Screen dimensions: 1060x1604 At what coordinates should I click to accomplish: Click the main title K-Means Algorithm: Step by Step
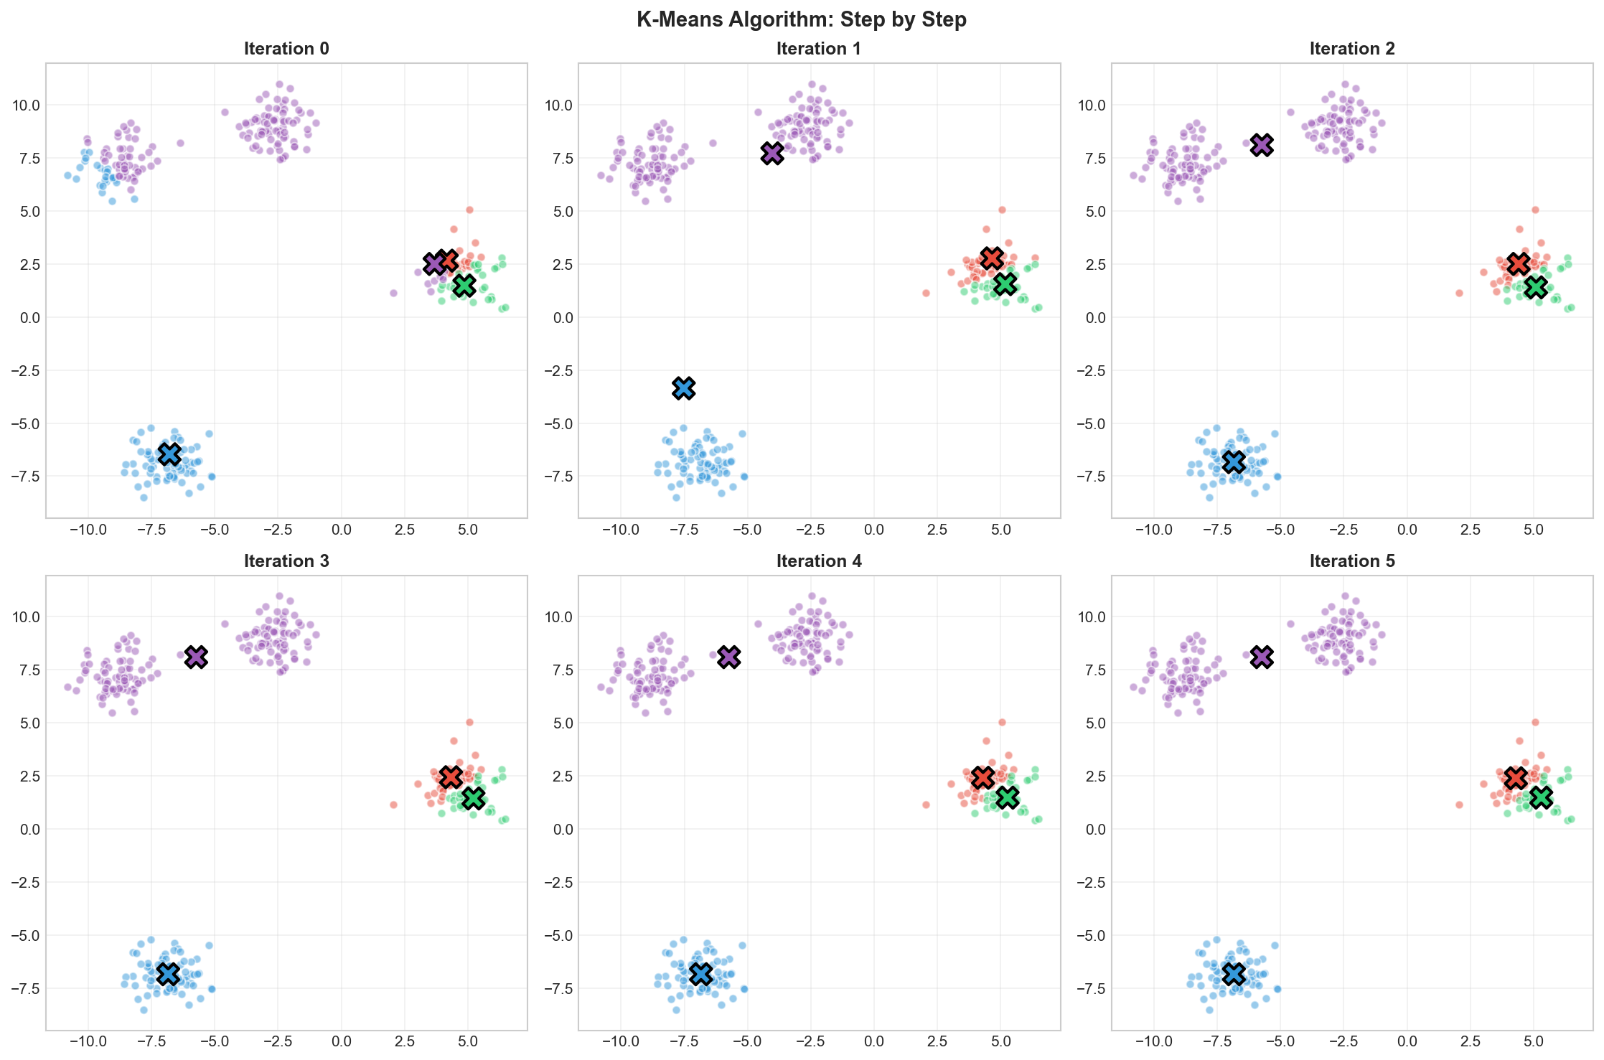pyautogui.click(x=802, y=19)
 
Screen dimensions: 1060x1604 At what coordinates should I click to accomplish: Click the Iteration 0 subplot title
pyautogui.click(x=286, y=49)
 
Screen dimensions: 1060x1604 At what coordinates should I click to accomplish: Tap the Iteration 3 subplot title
pyautogui.click(x=286, y=561)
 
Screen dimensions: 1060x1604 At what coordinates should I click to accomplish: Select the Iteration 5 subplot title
pyautogui.click(x=1352, y=561)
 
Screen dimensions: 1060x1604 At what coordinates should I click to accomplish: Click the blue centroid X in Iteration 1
pyautogui.click(x=684, y=388)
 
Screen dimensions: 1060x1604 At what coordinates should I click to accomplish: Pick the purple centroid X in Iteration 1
pyautogui.click(x=772, y=153)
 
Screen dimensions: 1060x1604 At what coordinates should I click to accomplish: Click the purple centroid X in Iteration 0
pyautogui.click(x=434, y=263)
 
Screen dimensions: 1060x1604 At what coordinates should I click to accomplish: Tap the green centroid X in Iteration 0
pyautogui.click(x=465, y=285)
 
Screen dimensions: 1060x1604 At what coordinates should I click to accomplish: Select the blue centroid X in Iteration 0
pyautogui.click(x=169, y=454)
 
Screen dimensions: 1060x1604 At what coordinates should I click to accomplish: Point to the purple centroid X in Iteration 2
pyautogui.click(x=1262, y=144)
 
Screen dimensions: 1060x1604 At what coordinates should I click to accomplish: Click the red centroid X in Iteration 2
pyautogui.click(x=1518, y=263)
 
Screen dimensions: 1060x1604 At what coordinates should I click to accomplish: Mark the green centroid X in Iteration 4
pyautogui.click(x=1008, y=797)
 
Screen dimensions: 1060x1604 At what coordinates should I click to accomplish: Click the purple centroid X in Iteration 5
pyautogui.click(x=1262, y=656)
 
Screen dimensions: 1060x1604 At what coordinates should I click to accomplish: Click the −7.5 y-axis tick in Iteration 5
pyautogui.click(x=1092, y=989)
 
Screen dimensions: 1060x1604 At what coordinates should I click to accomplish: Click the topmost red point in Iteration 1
pyautogui.click(x=1002, y=210)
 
